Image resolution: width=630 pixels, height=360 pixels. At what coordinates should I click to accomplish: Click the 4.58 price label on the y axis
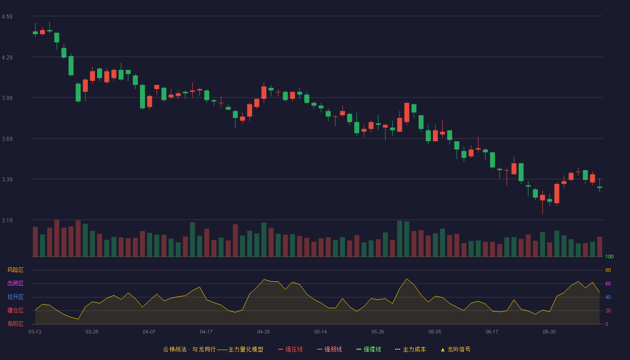click(x=7, y=17)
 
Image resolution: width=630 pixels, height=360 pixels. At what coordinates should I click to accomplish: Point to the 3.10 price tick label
click(x=7, y=220)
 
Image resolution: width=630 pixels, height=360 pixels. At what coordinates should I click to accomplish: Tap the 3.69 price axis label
click(x=7, y=139)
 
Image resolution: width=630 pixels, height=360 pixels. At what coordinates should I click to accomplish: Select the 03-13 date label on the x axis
click(x=35, y=332)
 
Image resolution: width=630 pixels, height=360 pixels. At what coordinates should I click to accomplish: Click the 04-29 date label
click(x=263, y=332)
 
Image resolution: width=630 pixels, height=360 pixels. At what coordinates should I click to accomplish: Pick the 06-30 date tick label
click(x=549, y=332)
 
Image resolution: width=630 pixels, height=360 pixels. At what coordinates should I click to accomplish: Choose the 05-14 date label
click(x=320, y=332)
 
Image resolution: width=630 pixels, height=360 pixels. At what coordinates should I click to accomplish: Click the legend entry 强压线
click(x=290, y=349)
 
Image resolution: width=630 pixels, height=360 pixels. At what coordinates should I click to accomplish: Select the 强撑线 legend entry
click(x=369, y=349)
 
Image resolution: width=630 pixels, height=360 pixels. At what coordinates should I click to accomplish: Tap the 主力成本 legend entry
click(x=410, y=349)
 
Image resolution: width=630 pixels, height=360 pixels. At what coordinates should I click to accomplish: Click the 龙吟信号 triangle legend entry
click(x=455, y=349)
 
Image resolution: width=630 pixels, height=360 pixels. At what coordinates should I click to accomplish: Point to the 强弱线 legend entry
click(x=329, y=349)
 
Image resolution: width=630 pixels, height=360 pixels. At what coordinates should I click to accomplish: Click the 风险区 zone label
click(x=15, y=270)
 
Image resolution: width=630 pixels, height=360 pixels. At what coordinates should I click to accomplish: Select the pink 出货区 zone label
click(x=15, y=283)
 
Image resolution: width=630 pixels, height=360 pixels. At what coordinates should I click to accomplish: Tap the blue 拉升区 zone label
click(x=15, y=297)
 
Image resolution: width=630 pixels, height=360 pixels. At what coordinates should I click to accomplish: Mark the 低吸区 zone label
click(x=15, y=324)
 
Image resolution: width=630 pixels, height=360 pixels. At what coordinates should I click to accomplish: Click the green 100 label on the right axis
click(x=609, y=256)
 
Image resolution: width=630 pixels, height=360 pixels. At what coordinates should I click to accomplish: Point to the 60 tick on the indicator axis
click(x=608, y=283)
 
